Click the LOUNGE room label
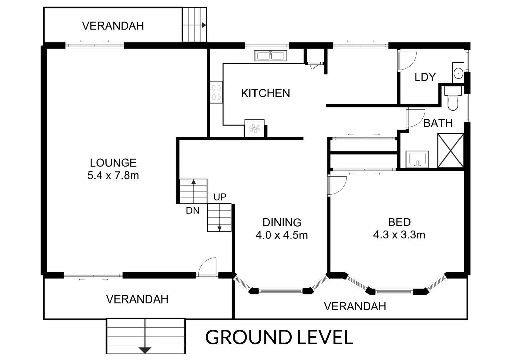tap(113, 163)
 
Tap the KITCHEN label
tap(266, 93)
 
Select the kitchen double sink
tap(271, 56)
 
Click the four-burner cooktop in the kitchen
tap(216, 92)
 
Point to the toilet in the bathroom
tap(453, 98)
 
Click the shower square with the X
tap(451, 151)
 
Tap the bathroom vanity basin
tap(417, 159)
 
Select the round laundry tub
tap(458, 73)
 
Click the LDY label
tap(425, 77)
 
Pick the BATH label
tap(438, 123)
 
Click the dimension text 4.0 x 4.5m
tap(282, 235)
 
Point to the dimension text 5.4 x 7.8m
tap(113, 175)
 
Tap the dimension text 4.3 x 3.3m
tap(399, 235)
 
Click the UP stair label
tap(220, 197)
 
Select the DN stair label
tap(193, 211)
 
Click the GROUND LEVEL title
tap(280, 337)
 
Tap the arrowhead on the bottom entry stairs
tap(145, 350)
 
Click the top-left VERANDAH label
tap(113, 26)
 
